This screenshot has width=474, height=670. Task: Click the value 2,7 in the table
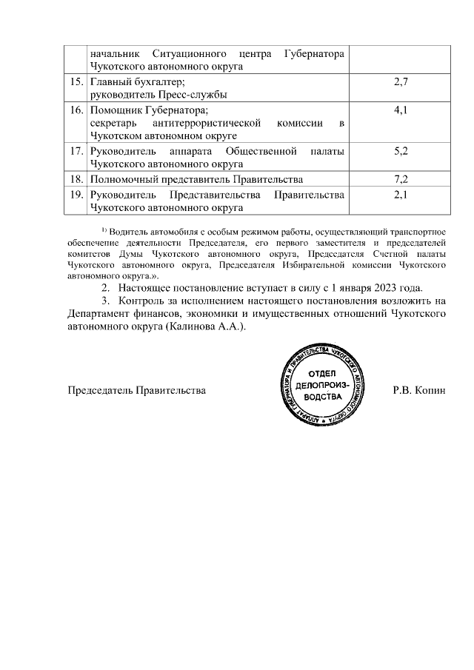(x=400, y=81)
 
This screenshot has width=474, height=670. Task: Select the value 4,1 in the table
(x=400, y=110)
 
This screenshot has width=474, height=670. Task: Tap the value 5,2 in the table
(x=400, y=150)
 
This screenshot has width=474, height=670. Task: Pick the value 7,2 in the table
(x=400, y=179)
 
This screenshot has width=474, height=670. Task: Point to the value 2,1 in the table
(x=400, y=195)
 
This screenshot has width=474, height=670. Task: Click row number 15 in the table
(x=74, y=81)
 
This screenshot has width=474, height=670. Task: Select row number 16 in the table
(x=74, y=110)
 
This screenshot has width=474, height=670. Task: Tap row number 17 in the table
(x=74, y=150)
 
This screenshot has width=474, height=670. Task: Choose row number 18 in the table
(x=74, y=179)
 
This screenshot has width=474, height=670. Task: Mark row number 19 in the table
(x=74, y=195)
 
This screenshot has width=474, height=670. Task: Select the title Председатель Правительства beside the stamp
(x=137, y=389)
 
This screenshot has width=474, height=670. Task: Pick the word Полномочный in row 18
(x=123, y=179)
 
